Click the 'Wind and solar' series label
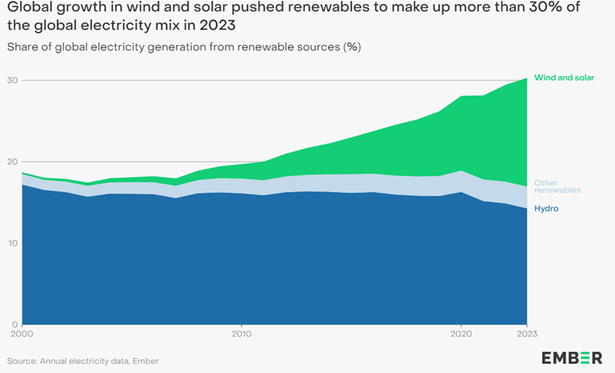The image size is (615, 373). click(564, 78)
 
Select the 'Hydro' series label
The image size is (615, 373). click(546, 209)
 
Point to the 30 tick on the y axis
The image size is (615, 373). click(12, 81)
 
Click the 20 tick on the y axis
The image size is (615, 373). click(12, 162)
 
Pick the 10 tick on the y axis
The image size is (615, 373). click(12, 243)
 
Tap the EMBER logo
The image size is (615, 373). click(572, 357)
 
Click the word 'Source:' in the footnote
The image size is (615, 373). click(23, 361)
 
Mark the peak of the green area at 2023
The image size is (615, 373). click(527, 78)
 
